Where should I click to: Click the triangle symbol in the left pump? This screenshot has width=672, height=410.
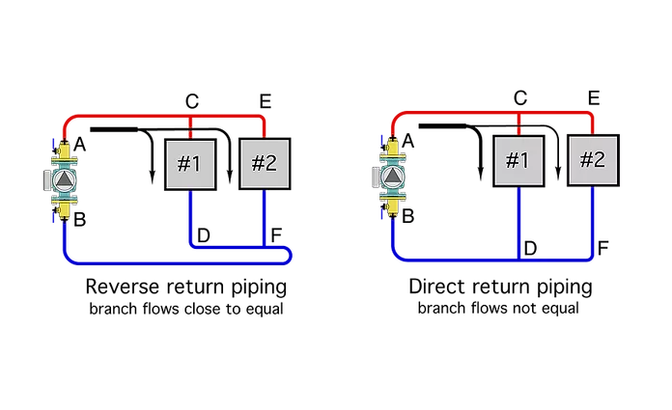(x=63, y=180)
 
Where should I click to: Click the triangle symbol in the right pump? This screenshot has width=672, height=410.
(x=393, y=178)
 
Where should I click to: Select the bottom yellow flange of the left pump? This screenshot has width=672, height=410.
(x=64, y=209)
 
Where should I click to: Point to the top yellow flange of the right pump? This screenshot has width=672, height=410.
(x=393, y=149)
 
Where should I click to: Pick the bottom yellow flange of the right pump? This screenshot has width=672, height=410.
(x=393, y=207)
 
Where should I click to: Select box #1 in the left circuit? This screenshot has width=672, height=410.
(x=188, y=164)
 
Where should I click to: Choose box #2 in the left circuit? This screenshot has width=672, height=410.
(x=265, y=164)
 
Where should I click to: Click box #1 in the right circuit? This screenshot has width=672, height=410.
(x=518, y=159)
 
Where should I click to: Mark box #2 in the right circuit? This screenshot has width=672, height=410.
(x=593, y=159)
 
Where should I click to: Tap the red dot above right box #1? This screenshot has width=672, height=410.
(x=518, y=129)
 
